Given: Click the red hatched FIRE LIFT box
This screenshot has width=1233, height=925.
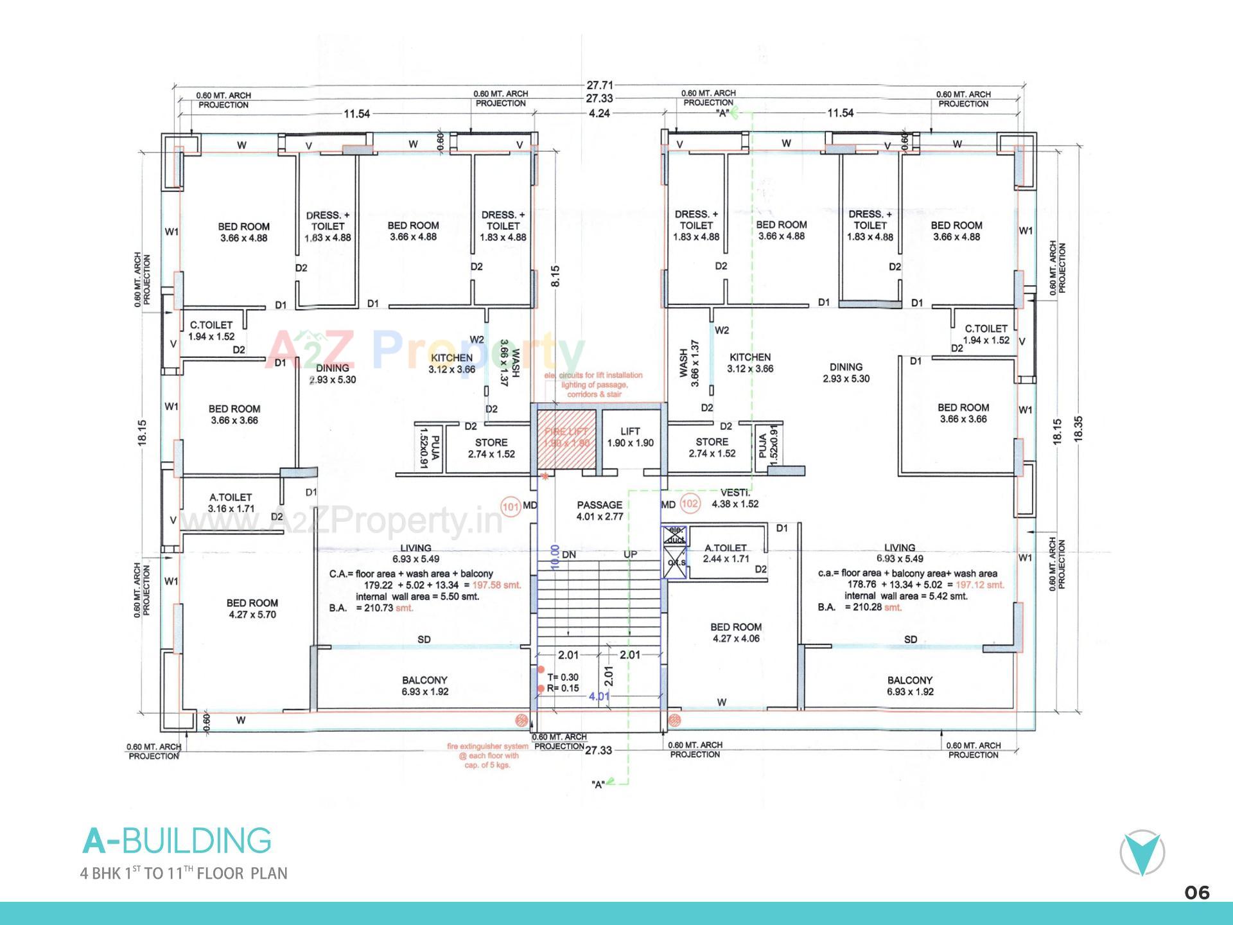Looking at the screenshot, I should click(x=566, y=437).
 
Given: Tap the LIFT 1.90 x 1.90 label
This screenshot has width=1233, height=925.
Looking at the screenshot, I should click(x=630, y=437).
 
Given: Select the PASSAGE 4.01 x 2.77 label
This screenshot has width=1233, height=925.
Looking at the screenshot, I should click(x=599, y=511).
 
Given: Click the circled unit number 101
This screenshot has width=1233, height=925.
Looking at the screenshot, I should click(x=511, y=506).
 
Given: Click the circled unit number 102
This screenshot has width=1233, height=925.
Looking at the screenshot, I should click(x=689, y=504).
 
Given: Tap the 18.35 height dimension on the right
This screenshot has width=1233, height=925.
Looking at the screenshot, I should click(x=1078, y=428).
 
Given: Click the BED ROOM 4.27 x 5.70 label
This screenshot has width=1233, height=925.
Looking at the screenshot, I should click(x=252, y=608).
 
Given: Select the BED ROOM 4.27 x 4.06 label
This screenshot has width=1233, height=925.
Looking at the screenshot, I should click(x=736, y=633).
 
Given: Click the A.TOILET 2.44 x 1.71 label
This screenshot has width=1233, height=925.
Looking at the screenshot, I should click(x=726, y=553).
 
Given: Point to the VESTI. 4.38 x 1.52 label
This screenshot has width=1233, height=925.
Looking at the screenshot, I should click(x=735, y=498).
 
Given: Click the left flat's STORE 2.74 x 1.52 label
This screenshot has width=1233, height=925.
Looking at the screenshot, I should click(x=491, y=448).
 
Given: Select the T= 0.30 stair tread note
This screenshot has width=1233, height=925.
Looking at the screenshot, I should click(x=563, y=677).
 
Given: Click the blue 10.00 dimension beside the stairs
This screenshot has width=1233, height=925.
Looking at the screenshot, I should click(x=555, y=558).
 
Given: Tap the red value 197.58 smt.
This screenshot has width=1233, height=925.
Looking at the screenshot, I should click(x=496, y=585).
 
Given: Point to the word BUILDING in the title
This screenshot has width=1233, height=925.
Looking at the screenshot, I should click(x=196, y=841).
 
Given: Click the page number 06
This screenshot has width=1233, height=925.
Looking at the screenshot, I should click(x=1197, y=893).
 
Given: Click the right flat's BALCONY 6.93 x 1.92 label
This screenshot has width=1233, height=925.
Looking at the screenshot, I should click(x=910, y=685).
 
